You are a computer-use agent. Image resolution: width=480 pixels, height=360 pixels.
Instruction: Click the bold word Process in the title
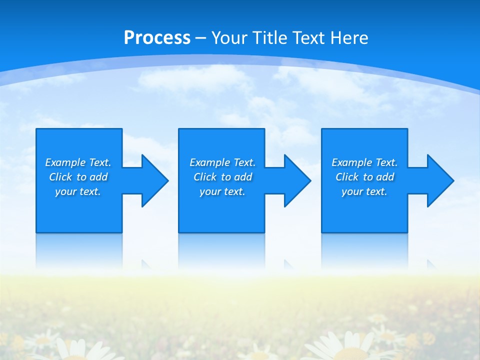(157, 38)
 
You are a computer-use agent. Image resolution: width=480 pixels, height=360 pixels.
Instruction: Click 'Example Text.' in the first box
(78, 162)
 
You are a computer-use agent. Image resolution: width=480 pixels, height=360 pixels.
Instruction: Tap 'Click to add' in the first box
(78, 177)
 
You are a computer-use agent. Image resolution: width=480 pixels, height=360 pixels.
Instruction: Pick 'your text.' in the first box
(78, 191)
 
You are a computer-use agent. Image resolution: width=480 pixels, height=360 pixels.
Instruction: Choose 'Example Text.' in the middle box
(222, 162)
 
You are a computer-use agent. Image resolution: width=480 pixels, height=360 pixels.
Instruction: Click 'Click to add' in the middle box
(222, 177)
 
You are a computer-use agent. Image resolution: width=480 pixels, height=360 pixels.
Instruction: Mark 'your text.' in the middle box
(222, 191)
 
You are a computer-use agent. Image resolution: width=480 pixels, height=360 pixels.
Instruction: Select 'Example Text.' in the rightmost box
(364, 162)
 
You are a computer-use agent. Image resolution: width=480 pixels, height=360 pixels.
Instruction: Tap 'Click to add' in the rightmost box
(364, 177)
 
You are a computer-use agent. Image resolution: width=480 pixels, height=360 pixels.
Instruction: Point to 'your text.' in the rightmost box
(364, 191)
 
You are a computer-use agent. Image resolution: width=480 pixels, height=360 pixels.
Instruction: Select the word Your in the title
(229, 38)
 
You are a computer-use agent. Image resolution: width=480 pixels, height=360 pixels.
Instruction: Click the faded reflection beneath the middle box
(221, 250)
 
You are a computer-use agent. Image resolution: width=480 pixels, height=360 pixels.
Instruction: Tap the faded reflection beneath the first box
(79, 250)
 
